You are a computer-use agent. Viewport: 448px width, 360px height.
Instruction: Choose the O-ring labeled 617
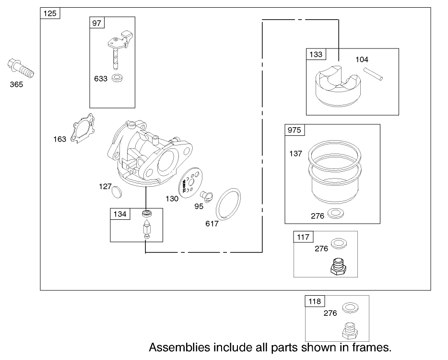(x=229, y=204)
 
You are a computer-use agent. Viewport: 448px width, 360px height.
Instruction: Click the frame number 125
(x=50, y=13)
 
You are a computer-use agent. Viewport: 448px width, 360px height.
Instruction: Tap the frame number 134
(x=120, y=214)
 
